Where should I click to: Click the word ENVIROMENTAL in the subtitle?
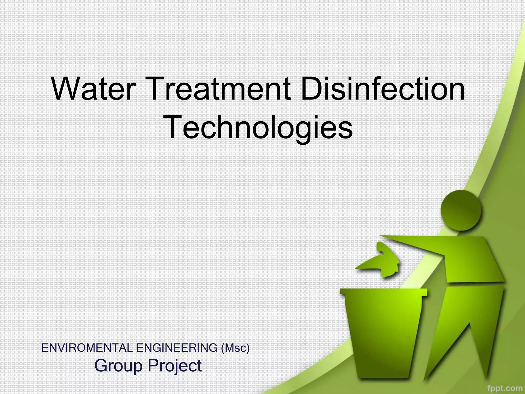pos(87,348)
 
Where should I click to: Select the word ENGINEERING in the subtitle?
pos(177,348)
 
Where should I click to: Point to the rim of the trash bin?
pos(383,292)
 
